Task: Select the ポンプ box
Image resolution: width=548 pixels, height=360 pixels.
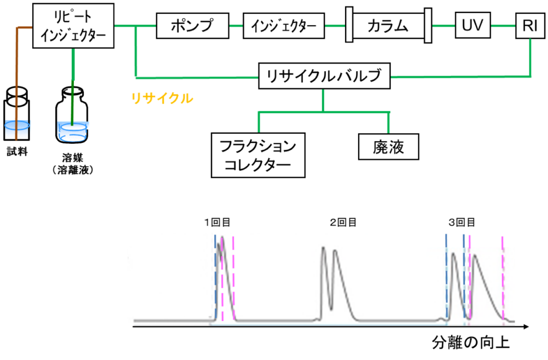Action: click(192, 25)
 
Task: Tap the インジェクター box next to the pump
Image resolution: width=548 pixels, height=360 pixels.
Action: click(284, 26)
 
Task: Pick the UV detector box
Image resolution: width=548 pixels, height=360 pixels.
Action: click(473, 25)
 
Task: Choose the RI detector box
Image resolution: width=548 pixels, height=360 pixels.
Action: click(530, 25)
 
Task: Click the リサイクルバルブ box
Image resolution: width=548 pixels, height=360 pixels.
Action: click(324, 76)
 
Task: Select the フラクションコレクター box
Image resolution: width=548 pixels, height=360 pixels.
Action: click(258, 155)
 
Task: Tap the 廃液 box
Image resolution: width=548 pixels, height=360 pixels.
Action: click(388, 148)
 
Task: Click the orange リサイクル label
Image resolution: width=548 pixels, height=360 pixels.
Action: click(162, 98)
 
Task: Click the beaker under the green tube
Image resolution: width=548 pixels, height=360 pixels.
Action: click(73, 132)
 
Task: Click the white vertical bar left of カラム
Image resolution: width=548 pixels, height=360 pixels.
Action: click(349, 25)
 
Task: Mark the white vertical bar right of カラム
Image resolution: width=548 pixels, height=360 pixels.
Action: click(428, 25)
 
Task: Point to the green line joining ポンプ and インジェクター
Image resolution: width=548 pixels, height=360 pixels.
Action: click(236, 26)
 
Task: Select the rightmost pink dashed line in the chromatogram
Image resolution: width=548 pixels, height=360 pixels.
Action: click(503, 278)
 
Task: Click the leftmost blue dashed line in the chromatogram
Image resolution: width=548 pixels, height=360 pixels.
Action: click(215, 278)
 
